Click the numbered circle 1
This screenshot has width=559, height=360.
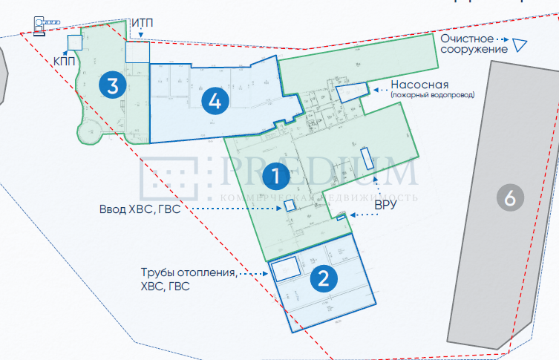(x=275, y=177)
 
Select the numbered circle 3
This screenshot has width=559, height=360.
(x=111, y=85)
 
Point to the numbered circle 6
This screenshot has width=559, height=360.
(x=509, y=197)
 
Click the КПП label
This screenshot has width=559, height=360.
(x=63, y=60)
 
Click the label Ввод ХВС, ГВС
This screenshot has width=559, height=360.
(x=140, y=209)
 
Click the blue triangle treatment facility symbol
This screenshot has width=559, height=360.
(x=520, y=45)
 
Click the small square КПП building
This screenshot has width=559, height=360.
(x=73, y=42)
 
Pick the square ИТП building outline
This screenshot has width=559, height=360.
(x=137, y=52)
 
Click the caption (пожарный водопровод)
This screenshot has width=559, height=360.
(x=433, y=95)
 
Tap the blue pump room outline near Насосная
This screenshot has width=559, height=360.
(x=349, y=91)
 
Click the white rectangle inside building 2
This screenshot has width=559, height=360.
(x=285, y=268)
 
